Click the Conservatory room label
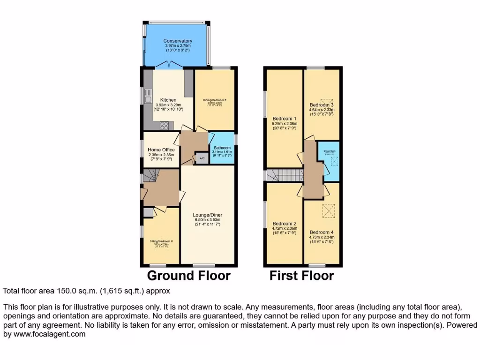pos(178,41)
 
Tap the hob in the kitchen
pos(165,125)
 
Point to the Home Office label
pos(161,150)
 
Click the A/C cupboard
pos(202,159)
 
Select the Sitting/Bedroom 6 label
pos(161,241)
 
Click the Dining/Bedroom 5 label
pos(215,100)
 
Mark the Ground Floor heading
pos(189,276)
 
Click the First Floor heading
pos(301,276)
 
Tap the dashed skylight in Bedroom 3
pos(327,102)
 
